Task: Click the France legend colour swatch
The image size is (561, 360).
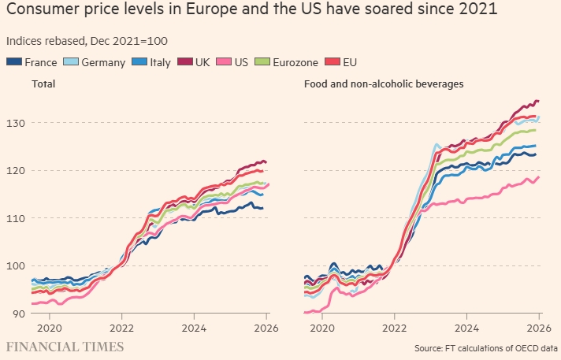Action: click(14, 62)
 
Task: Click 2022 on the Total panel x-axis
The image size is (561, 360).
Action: click(122, 327)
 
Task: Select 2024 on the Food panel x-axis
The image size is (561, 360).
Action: click(466, 327)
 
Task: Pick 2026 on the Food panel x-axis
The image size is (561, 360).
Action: click(538, 327)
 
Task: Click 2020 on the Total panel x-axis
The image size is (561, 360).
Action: click(49, 327)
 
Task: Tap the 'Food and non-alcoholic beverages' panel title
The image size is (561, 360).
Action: click(383, 84)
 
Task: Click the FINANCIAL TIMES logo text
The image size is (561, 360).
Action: click(65, 347)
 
